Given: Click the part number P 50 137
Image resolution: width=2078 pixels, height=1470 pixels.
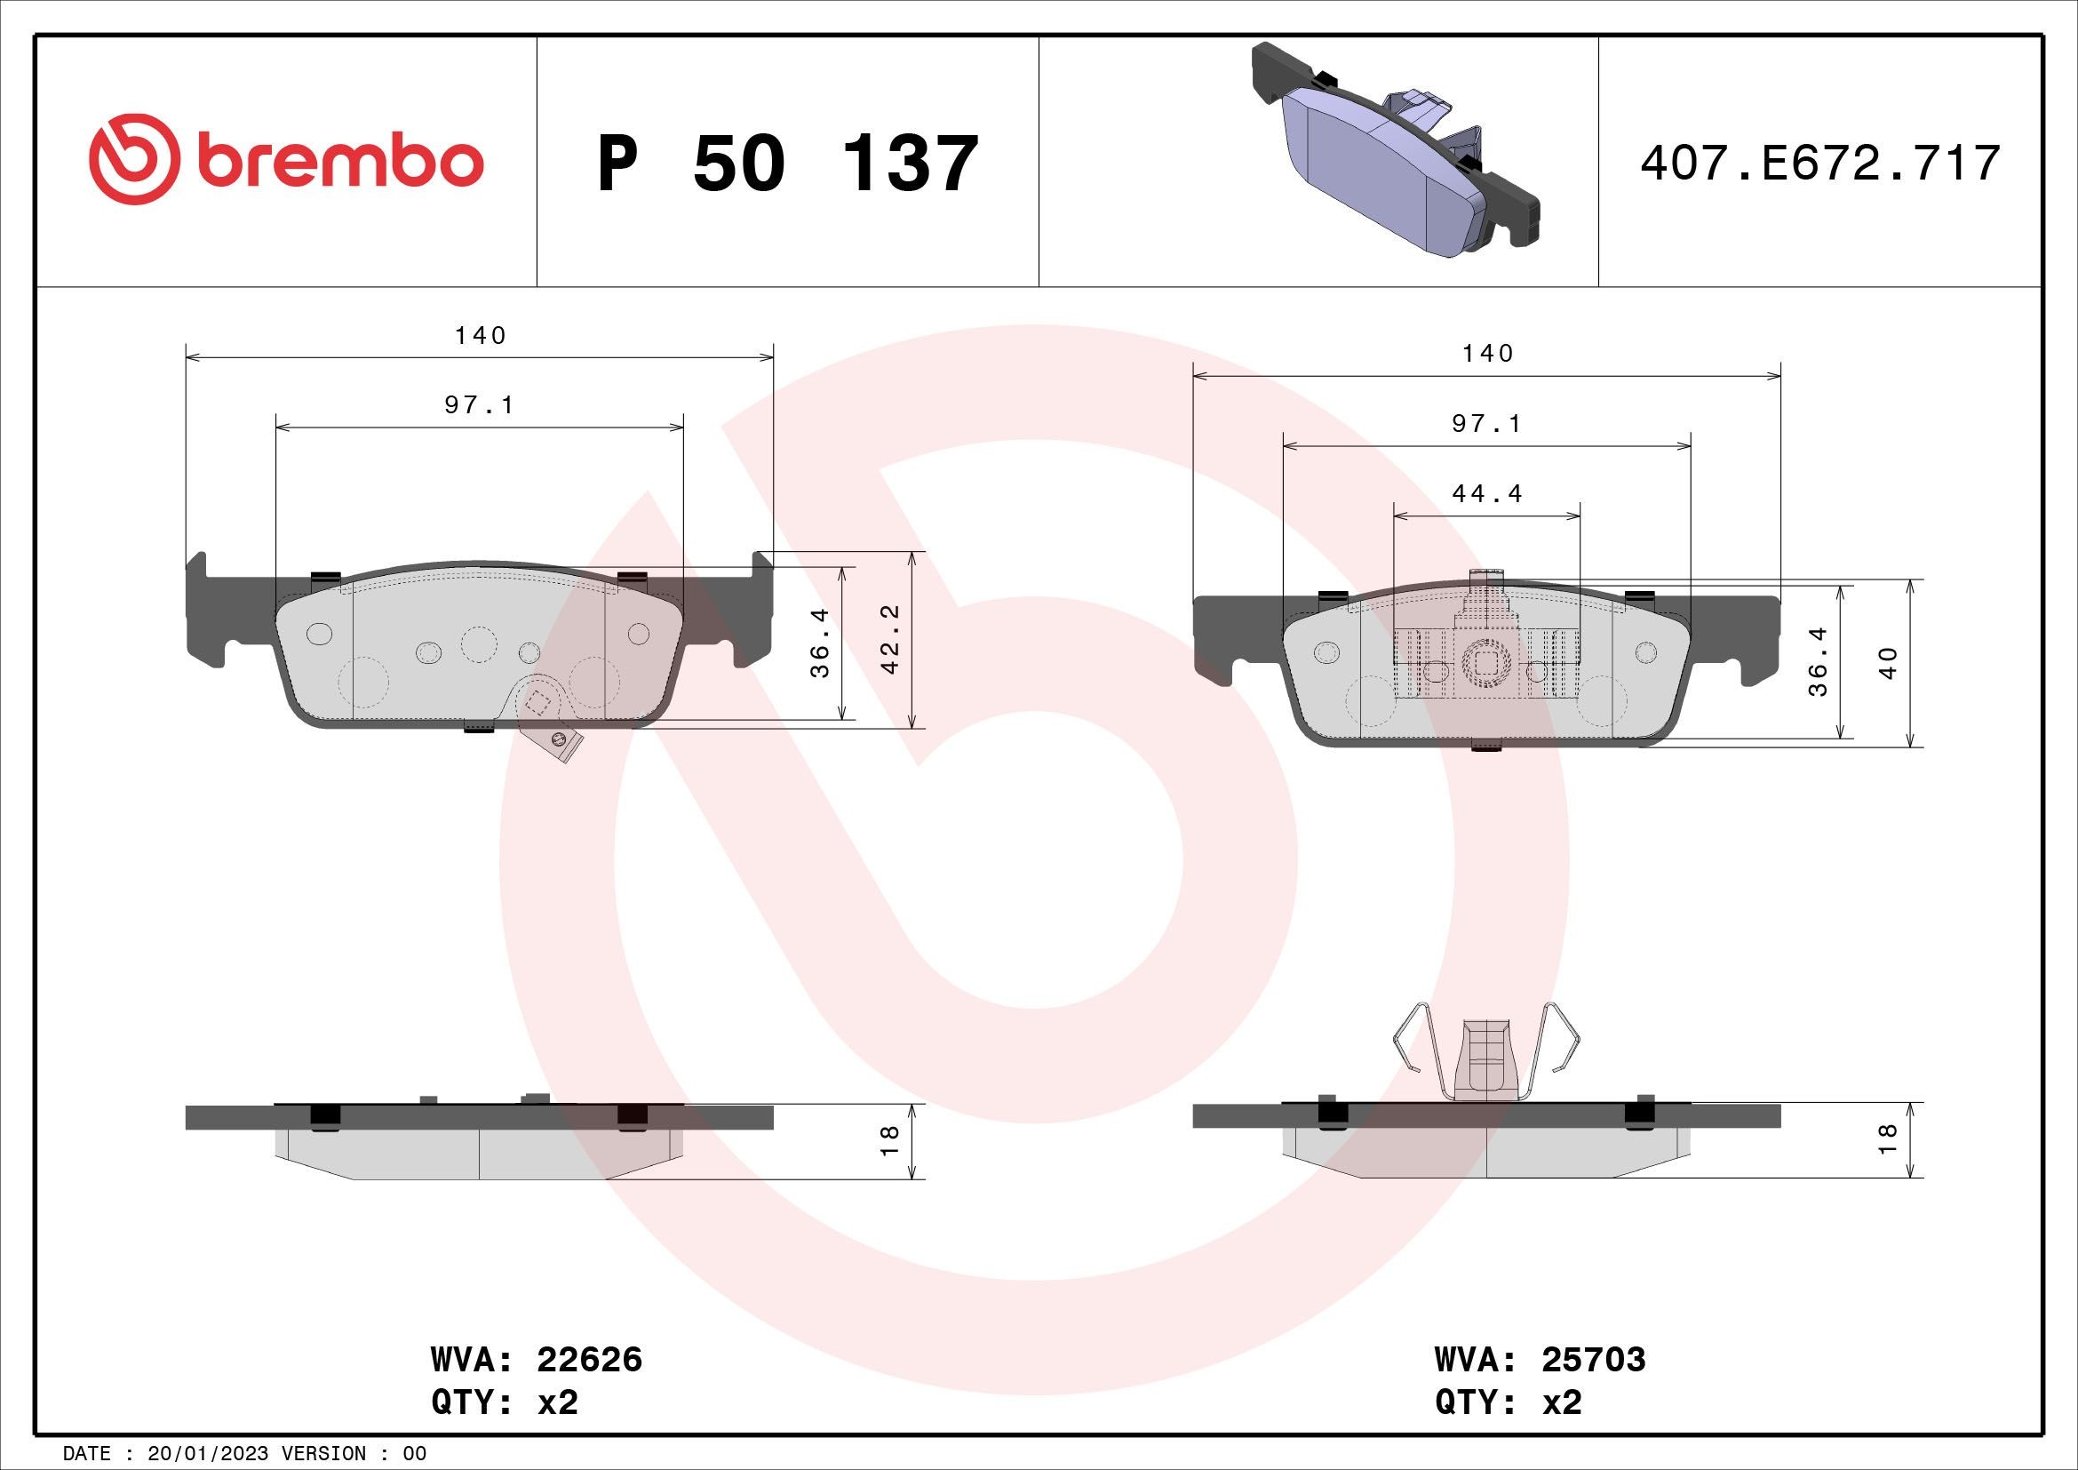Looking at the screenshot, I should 787,164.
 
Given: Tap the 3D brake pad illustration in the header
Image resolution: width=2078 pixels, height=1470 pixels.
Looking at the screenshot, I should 1395,149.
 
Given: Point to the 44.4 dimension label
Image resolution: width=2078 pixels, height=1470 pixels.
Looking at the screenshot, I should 1487,494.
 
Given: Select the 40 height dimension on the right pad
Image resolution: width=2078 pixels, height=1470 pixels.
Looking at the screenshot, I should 1888,664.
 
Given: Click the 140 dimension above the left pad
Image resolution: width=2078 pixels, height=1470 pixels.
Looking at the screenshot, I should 480,336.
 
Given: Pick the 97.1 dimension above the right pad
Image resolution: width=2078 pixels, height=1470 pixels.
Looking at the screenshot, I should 1487,424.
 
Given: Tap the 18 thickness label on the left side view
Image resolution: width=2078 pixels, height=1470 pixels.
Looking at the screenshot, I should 889,1139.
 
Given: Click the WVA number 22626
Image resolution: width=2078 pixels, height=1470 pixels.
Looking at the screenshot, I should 589,1360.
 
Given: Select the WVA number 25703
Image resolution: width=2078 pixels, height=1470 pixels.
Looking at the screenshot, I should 1593,1360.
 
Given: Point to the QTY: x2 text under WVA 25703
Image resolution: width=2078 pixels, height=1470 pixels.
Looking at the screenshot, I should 1508,1403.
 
